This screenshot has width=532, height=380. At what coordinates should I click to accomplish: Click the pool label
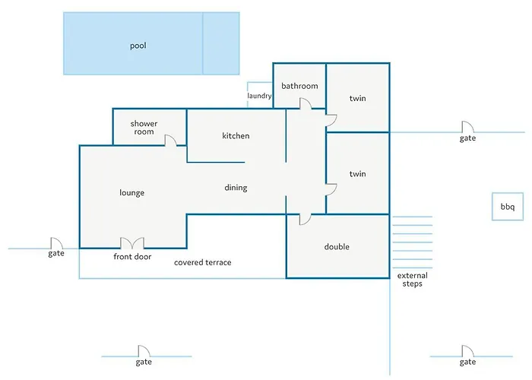pos(138,46)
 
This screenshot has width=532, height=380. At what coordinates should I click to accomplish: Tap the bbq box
pos(508,207)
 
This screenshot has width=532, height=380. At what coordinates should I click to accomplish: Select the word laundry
pos(260,96)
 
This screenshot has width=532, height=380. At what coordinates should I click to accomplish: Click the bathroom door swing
pos(306,104)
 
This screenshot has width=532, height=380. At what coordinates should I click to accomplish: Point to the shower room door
pos(170,140)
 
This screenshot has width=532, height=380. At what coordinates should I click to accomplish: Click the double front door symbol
pos(132,243)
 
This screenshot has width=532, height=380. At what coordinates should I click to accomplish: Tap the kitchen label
pos(236,136)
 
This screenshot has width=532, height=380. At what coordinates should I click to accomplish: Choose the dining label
pos(236,188)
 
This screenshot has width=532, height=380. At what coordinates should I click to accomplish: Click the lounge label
pos(132,193)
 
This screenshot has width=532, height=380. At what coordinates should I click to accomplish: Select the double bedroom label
pos(337,247)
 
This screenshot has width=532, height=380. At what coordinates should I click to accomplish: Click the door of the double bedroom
pos(305,220)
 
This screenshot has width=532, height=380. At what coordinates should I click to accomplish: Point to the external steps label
pos(413,280)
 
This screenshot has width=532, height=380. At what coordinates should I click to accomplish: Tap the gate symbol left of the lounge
pos(57,243)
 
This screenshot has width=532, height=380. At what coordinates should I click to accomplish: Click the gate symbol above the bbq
pos(468,127)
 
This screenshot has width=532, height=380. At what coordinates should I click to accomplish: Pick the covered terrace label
pos(203,262)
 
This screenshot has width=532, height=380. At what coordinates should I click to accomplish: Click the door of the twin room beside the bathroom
pos(331,120)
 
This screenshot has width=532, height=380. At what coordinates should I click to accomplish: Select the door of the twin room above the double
pos(331,190)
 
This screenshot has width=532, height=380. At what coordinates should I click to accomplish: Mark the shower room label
pos(144,128)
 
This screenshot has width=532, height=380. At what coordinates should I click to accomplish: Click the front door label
pos(132,257)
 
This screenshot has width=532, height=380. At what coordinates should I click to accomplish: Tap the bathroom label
pos(299,86)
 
